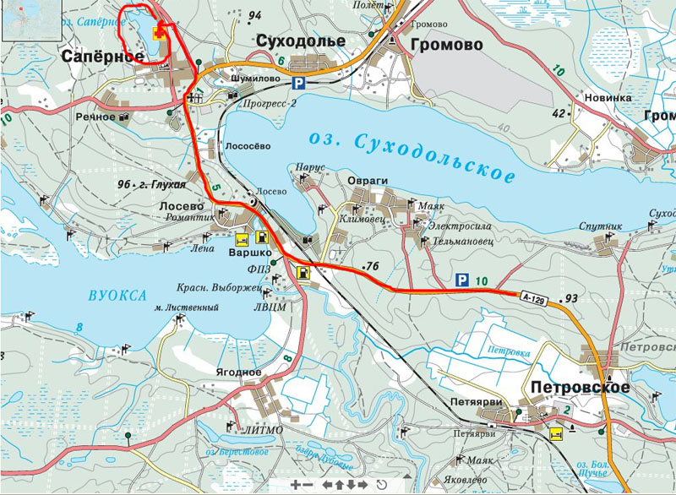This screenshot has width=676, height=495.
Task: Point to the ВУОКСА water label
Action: point(117,295)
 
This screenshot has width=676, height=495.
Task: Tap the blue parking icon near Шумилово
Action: point(298,83)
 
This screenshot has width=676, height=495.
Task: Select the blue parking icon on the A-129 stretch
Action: point(461,280)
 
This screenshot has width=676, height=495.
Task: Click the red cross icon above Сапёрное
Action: point(158,31)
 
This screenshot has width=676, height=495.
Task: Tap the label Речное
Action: point(95,117)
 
